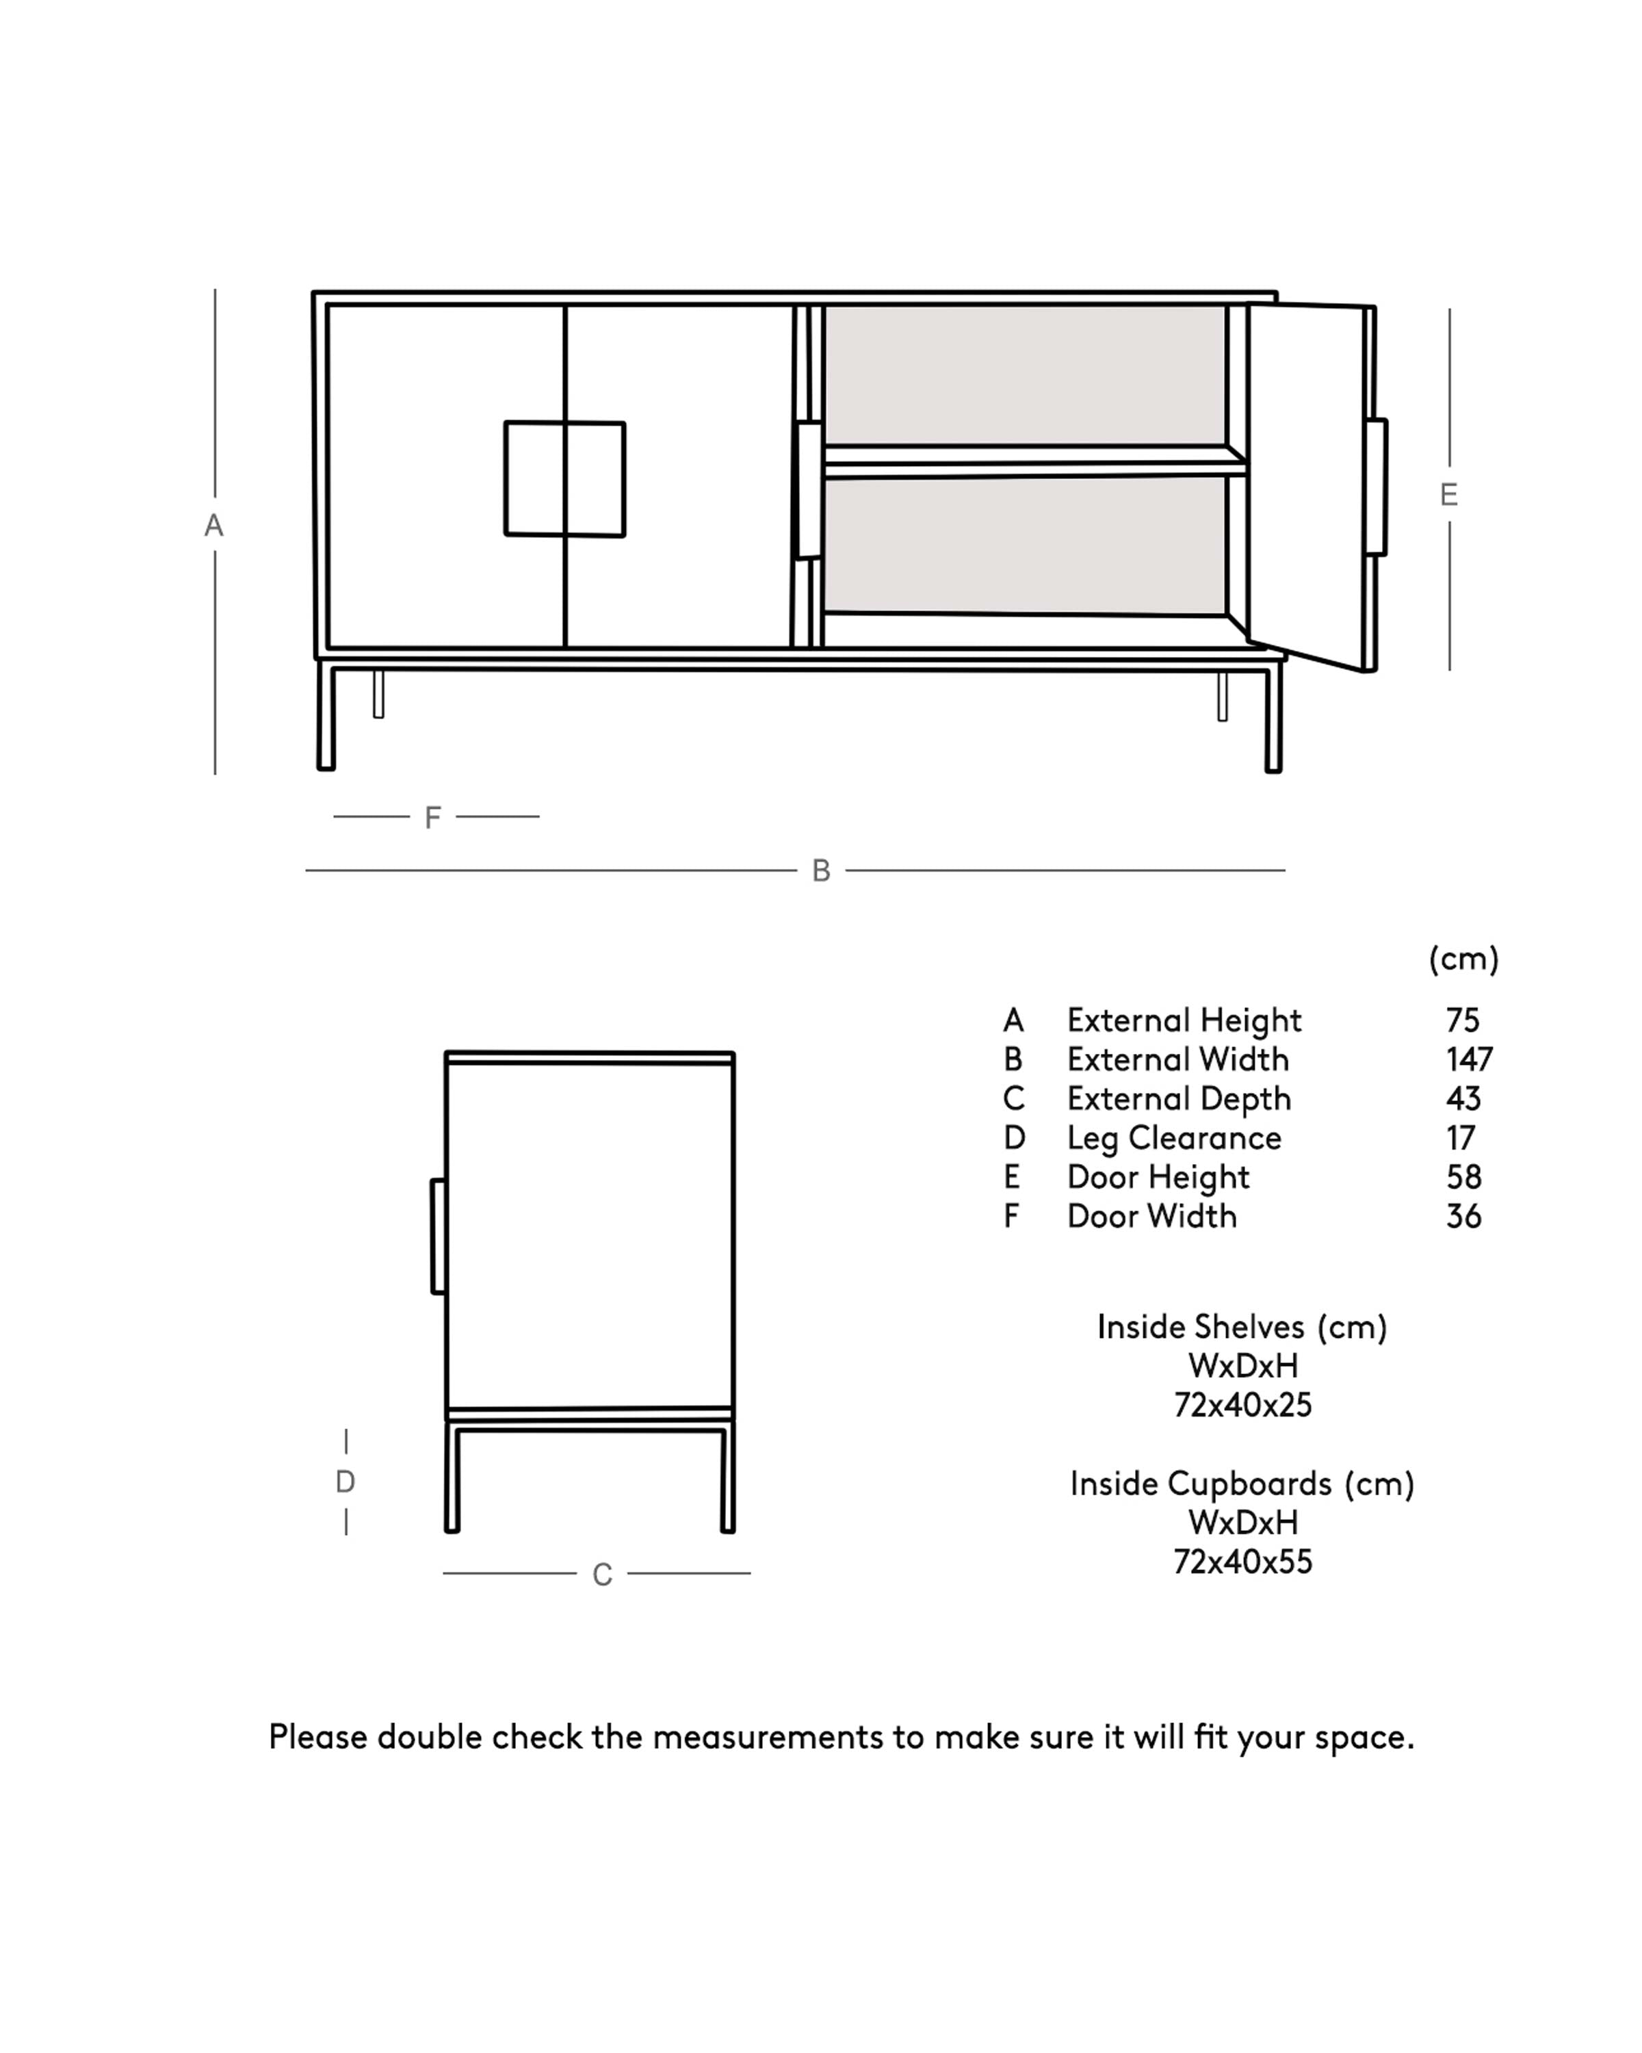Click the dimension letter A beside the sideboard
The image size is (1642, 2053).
(x=214, y=526)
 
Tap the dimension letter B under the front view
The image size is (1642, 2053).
(x=820, y=870)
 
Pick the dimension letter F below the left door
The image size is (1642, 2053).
(x=432, y=817)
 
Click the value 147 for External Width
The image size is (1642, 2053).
(x=1468, y=1060)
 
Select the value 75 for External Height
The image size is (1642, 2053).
(x=1462, y=1021)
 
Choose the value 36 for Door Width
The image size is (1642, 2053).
(x=1463, y=1216)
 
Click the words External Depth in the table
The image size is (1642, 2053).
(x=1178, y=1099)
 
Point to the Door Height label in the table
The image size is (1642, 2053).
(x=1158, y=1177)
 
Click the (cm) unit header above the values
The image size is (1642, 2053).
(x=1463, y=959)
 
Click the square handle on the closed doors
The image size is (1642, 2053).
(x=564, y=479)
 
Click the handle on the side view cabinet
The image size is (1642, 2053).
(x=438, y=1236)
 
